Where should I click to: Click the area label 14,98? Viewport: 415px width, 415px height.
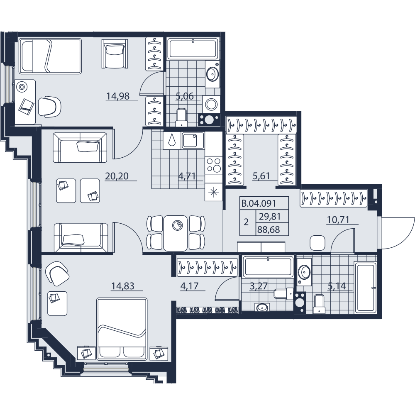(x=118, y=96)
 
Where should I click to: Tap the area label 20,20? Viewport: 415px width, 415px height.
(x=117, y=176)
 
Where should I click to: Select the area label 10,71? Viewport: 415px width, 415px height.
(x=338, y=220)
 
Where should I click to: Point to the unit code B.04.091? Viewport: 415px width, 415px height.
(x=259, y=203)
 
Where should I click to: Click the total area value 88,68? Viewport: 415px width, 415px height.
(x=269, y=229)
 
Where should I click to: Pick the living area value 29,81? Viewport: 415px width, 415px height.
(x=269, y=217)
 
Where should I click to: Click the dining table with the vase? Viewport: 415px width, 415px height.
(x=176, y=233)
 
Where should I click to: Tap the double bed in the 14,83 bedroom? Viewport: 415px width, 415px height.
(x=122, y=329)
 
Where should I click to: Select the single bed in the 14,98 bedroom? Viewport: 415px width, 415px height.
(x=50, y=56)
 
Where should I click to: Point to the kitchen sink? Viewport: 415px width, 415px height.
(x=193, y=141)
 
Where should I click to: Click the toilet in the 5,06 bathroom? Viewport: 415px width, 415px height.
(x=181, y=117)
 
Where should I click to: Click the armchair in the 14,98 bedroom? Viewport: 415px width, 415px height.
(x=115, y=54)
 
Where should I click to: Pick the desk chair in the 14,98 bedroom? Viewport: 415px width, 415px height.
(x=50, y=106)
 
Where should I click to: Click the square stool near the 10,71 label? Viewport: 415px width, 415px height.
(x=317, y=242)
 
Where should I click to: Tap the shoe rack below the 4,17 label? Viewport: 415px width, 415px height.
(x=207, y=310)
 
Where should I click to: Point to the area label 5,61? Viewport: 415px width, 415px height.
(x=261, y=176)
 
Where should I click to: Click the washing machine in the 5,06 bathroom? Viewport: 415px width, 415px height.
(x=211, y=104)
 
